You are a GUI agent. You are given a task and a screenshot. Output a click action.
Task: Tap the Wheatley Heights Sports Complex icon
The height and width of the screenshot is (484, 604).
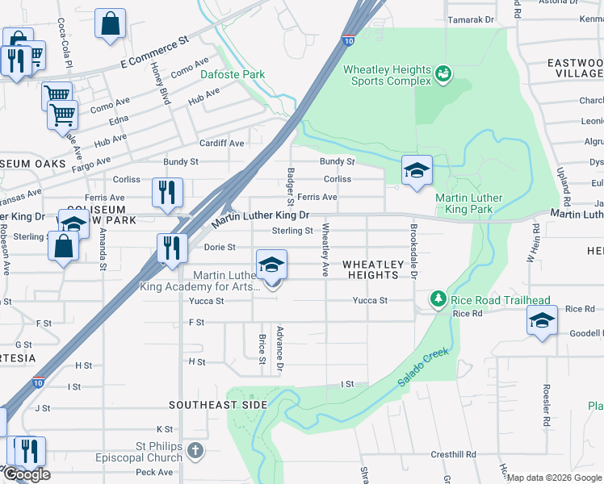coord(443,75)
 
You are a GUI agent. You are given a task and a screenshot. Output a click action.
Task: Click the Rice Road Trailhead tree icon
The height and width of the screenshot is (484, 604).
coord(438,299)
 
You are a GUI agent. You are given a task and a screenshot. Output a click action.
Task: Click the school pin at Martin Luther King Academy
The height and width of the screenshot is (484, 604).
coord(272,265)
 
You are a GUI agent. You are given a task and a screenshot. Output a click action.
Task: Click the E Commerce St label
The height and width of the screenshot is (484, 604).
coord(153,50)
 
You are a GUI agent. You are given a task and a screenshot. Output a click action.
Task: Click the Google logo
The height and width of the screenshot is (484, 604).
coord(26,474)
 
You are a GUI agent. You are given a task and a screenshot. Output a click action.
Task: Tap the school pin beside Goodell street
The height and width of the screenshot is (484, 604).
coord(542,320)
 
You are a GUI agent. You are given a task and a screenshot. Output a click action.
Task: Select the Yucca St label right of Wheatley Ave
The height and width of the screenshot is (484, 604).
coord(370,301)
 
